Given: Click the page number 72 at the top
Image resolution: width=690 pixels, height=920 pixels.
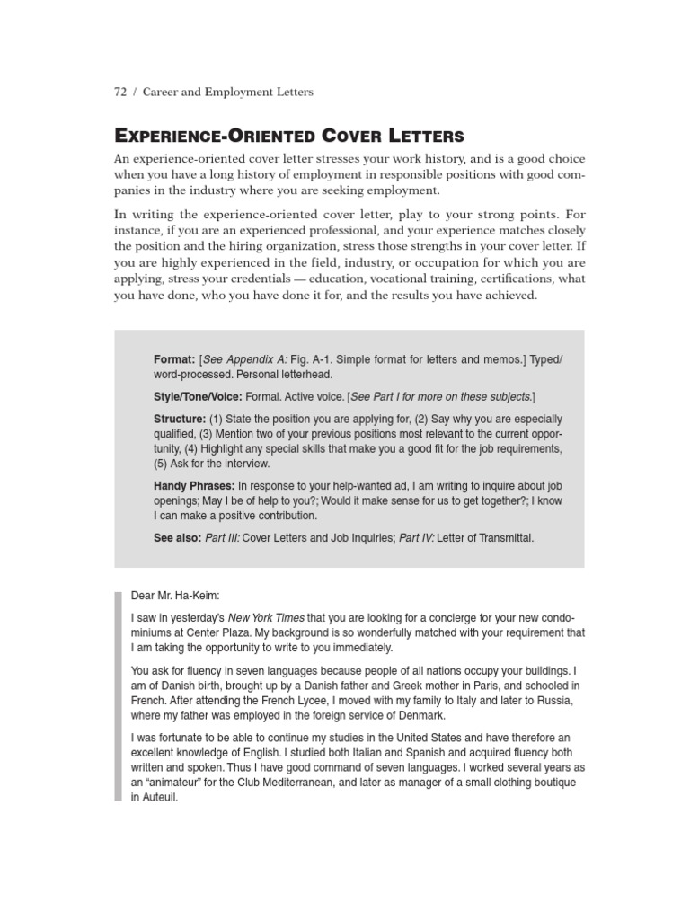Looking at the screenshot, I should [120, 92].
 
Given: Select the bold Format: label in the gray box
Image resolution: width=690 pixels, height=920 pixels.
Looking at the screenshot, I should [174, 359].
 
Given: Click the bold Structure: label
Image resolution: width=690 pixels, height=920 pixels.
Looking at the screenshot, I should [180, 420].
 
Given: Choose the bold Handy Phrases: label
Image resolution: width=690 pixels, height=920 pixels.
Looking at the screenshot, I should [194, 486].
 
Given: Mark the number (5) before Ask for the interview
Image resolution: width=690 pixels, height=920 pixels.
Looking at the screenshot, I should [162, 464].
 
